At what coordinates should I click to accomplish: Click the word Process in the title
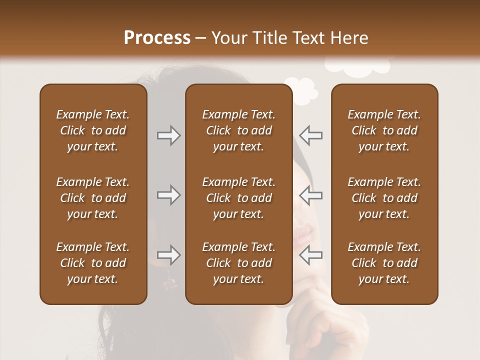click(x=157, y=38)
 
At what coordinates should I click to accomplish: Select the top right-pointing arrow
click(x=168, y=135)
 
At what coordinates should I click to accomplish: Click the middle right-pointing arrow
click(x=168, y=195)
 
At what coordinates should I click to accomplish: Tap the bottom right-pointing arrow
click(x=168, y=255)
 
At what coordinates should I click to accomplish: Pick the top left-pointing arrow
click(x=311, y=135)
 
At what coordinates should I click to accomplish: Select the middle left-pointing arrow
click(x=311, y=195)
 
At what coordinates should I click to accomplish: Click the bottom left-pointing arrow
click(x=311, y=255)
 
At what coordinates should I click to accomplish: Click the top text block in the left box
click(x=93, y=130)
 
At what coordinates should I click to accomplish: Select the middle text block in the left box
click(x=93, y=198)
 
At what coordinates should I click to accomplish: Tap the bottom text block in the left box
click(x=93, y=263)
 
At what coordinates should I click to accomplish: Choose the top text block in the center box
click(x=238, y=130)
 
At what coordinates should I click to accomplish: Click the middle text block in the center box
click(x=238, y=198)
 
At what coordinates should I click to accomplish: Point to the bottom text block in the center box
click(x=238, y=263)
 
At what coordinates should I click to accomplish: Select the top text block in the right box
click(x=384, y=130)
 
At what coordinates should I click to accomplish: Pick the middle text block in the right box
click(x=384, y=198)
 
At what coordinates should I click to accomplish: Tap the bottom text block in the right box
click(x=384, y=263)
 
